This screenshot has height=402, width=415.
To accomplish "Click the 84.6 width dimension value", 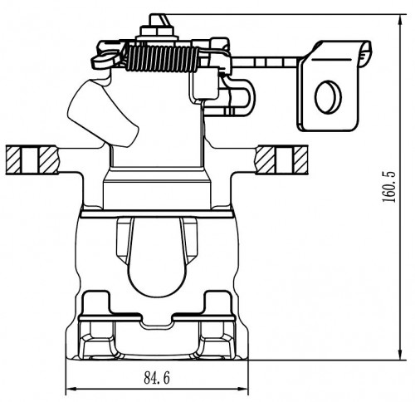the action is (x=157, y=378).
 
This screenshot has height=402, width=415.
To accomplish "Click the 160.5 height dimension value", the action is (x=388, y=187).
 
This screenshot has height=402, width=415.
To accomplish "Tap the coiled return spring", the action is (x=162, y=59).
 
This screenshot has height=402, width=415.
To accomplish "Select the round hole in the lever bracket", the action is (x=328, y=97).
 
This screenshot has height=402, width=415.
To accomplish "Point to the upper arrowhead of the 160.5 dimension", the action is (x=401, y=21).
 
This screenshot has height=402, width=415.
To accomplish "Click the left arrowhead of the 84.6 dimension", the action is (x=72, y=389).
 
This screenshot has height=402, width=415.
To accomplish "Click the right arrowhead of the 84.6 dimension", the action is (x=242, y=389).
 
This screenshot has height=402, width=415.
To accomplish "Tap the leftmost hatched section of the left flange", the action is (x=13, y=160).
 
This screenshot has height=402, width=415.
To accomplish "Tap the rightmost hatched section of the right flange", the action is (x=300, y=160).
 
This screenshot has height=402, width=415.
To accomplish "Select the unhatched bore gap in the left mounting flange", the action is (x=30, y=160).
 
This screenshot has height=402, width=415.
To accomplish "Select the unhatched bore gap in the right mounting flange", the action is (x=284, y=160).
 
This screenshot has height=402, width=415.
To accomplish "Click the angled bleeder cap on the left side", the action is (x=103, y=113).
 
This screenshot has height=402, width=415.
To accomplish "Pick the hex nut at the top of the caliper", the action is (x=157, y=30).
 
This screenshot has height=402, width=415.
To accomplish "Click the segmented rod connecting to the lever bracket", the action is (x=266, y=61).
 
